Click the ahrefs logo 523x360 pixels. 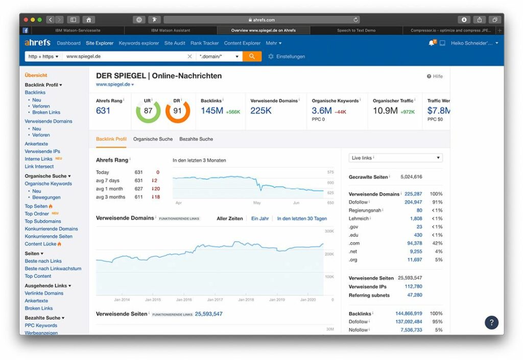pyautogui.click(x=38, y=43)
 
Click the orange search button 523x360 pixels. pyautogui.click(x=252, y=56)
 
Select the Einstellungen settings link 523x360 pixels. pyautogui.click(x=290, y=57)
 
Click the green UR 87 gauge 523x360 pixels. pyautogui.click(x=148, y=111)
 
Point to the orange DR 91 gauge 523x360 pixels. pyautogui.click(x=178, y=111)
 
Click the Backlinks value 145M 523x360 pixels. pyautogui.click(x=212, y=111)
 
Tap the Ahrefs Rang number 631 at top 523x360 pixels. pyautogui.click(x=103, y=111)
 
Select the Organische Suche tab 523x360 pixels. pyautogui.click(x=153, y=139)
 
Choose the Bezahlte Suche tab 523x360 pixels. pyautogui.click(x=196, y=139)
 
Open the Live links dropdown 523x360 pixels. pyautogui.click(x=395, y=158)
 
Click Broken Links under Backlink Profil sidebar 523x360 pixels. pyautogui.click(x=46, y=112)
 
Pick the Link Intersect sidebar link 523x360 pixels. pyautogui.click(x=39, y=166)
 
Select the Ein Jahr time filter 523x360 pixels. pyautogui.click(x=260, y=219)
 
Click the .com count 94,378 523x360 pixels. pyautogui.click(x=411, y=243)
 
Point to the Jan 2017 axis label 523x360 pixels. pyautogui.click(x=215, y=300)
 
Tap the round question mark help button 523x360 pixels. pyautogui.click(x=491, y=322)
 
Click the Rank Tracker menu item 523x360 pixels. pyautogui.click(x=204, y=43)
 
